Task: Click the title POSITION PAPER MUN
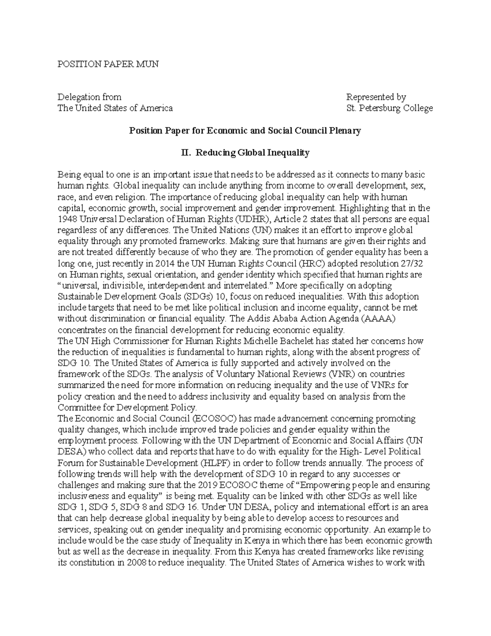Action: [107, 64]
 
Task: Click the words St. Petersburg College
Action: [389, 108]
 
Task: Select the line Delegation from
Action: [89, 97]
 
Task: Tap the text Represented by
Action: [376, 97]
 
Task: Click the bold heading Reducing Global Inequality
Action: [252, 153]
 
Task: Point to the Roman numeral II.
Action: [185, 153]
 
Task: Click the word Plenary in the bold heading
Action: [346, 131]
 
